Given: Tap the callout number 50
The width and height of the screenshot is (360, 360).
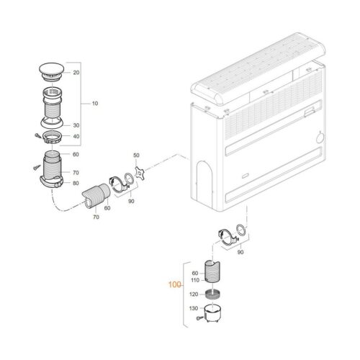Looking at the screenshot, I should (135, 156).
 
